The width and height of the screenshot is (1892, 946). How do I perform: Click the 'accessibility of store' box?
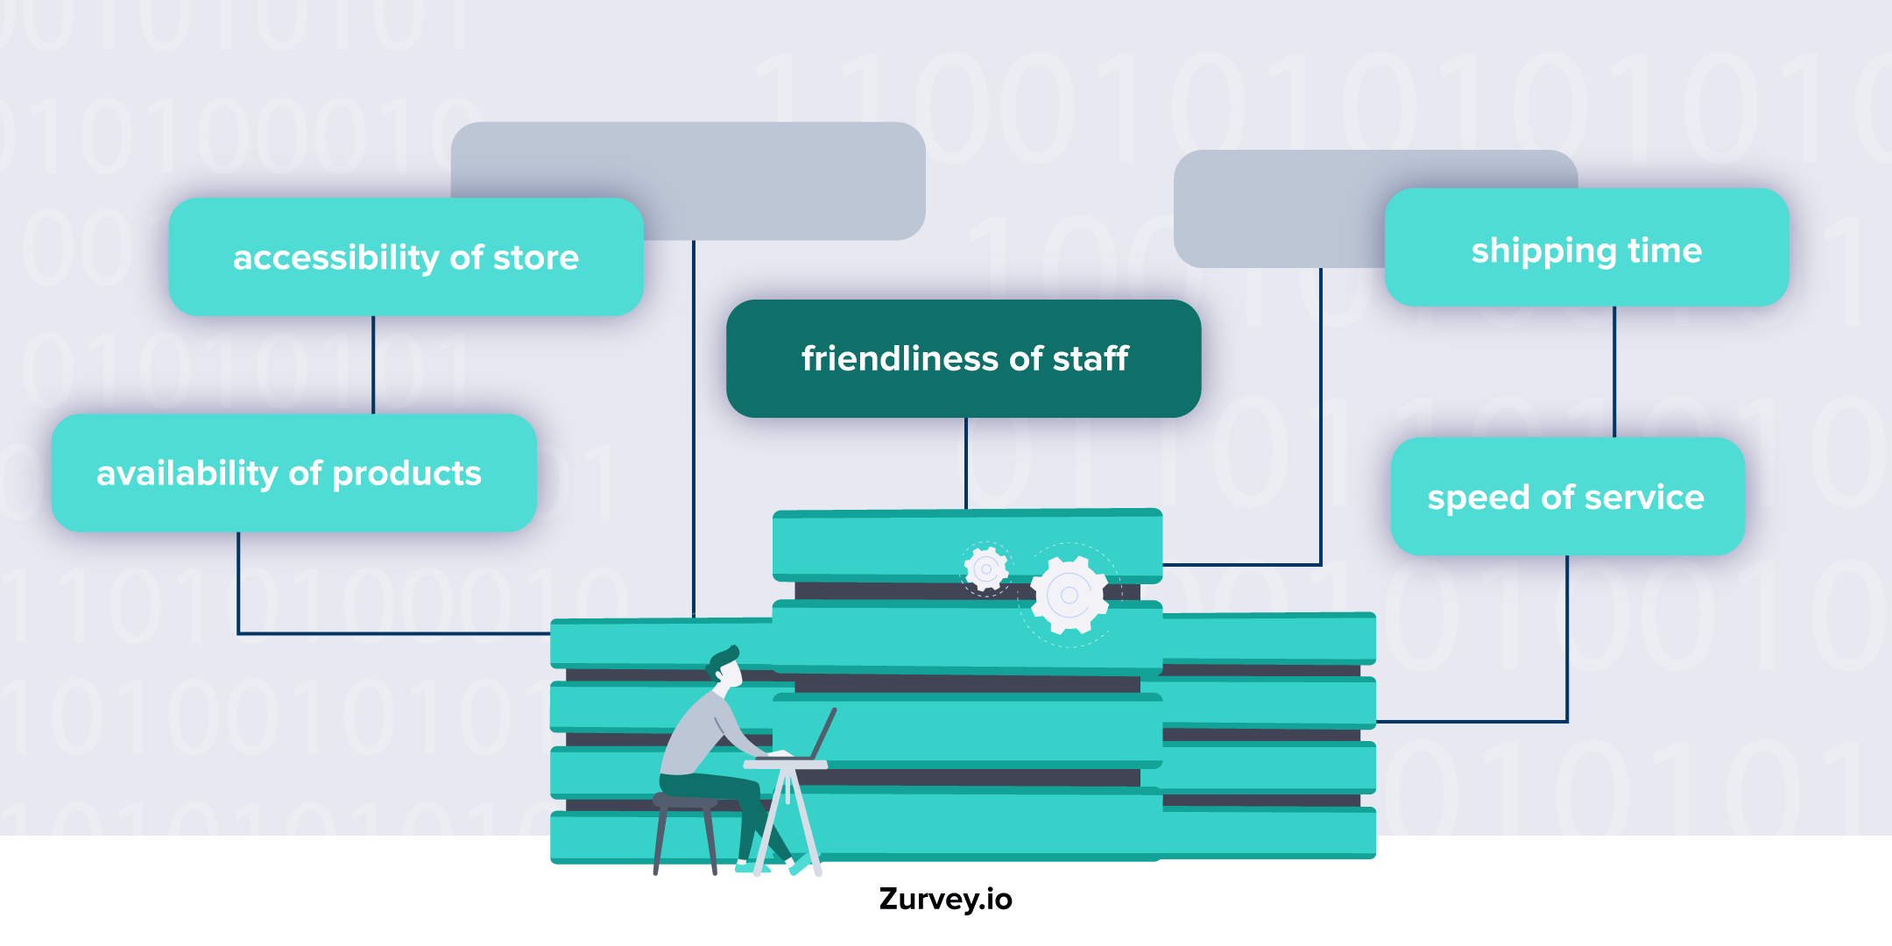point(406,257)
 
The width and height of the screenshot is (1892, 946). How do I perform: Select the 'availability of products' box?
point(293,473)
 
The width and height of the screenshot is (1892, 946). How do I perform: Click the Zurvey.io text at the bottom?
point(945,900)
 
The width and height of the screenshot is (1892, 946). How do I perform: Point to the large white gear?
point(1069,596)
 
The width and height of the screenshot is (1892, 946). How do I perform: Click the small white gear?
point(986,569)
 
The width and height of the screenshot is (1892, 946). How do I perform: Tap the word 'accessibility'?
point(335,258)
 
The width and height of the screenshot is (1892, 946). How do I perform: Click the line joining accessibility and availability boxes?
point(373,364)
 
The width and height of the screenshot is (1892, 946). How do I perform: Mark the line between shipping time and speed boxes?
point(1614,371)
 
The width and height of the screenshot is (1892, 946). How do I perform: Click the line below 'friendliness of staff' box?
point(966,462)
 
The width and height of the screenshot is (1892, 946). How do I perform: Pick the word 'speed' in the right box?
point(1479,498)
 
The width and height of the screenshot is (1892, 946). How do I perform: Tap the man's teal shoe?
point(799,865)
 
